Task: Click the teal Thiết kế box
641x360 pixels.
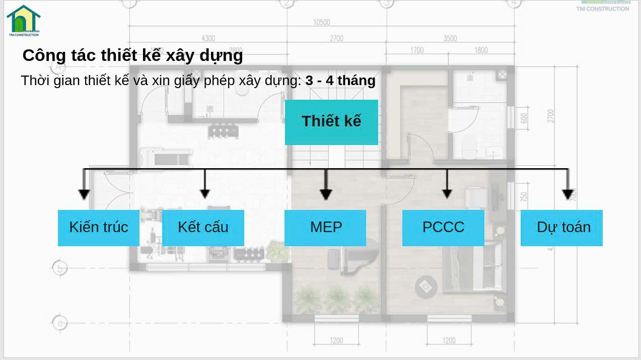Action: [331, 122]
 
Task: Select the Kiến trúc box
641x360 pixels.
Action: [99, 228]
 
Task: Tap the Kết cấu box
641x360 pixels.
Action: [203, 228]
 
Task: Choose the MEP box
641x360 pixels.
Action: [325, 228]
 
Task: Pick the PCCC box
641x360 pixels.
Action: [443, 228]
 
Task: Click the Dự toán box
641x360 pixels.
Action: [561, 228]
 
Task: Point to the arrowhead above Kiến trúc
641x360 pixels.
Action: [84, 194]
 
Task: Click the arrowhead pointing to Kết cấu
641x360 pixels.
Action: [204, 193]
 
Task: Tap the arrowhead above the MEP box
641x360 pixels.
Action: [326, 194]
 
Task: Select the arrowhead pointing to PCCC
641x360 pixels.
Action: [447, 193]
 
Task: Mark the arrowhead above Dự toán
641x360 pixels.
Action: [567, 194]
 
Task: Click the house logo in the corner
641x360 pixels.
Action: [23, 20]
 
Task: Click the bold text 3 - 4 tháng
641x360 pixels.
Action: [340, 81]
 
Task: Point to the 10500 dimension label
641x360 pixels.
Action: [321, 22]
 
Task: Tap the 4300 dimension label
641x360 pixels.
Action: [208, 39]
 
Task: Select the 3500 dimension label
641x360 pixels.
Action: [450, 39]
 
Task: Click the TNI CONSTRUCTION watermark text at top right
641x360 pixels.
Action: [602, 9]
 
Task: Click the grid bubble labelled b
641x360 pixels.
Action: [59, 268]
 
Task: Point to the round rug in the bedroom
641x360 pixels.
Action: [426, 286]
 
